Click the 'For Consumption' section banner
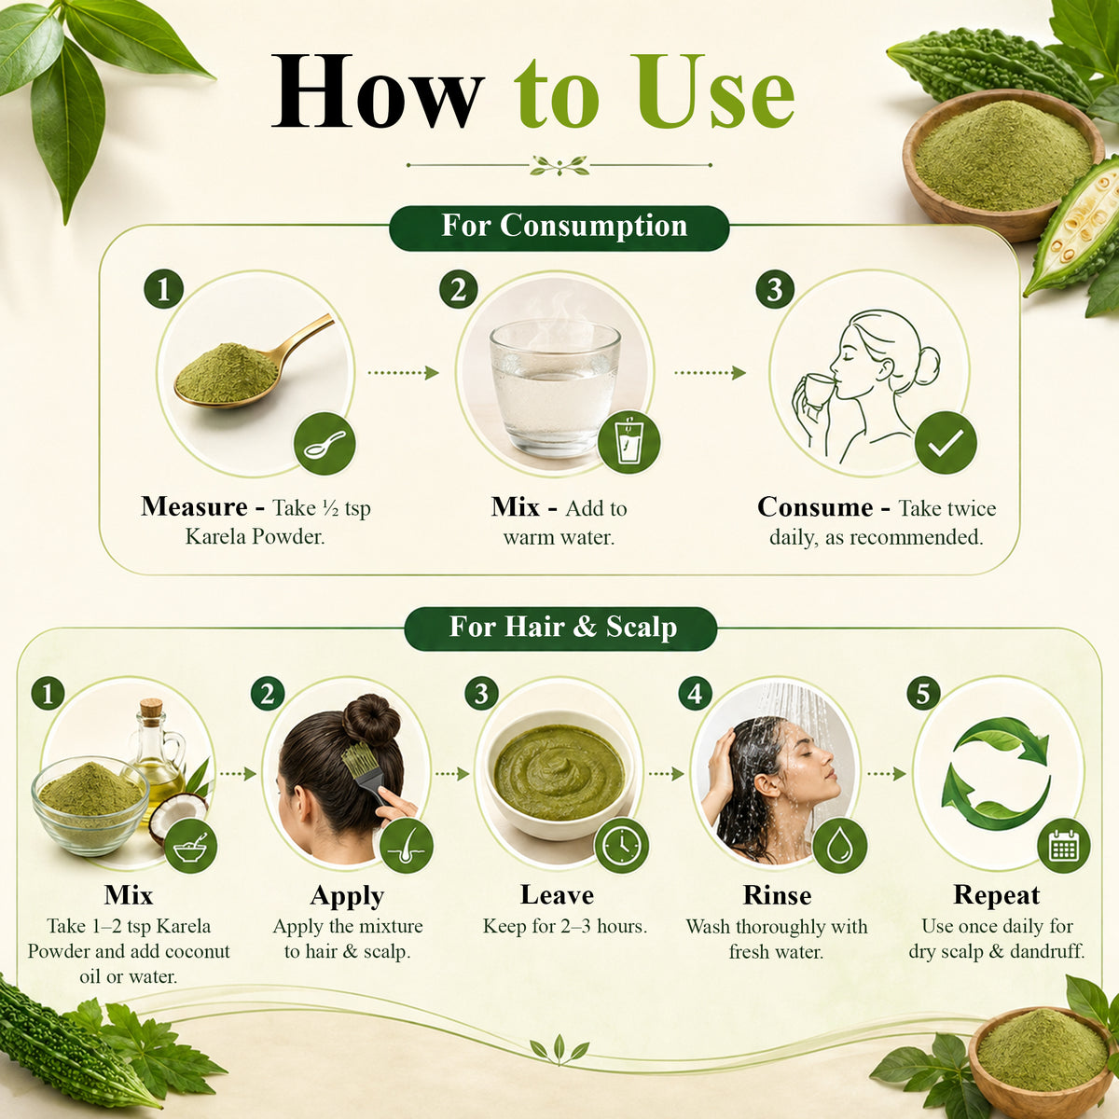coord(559,228)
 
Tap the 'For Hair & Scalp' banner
coord(560,629)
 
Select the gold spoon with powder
coord(254,364)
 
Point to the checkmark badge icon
coord(946,442)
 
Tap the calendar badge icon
coord(1064,846)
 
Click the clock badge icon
coord(621,846)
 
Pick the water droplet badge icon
coord(839,846)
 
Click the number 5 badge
coord(923,694)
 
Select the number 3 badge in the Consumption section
coord(775,290)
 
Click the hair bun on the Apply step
coord(371,721)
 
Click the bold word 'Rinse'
coord(777,895)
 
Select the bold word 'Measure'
coord(194,507)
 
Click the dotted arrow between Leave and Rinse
coord(666,773)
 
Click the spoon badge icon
coord(325,444)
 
